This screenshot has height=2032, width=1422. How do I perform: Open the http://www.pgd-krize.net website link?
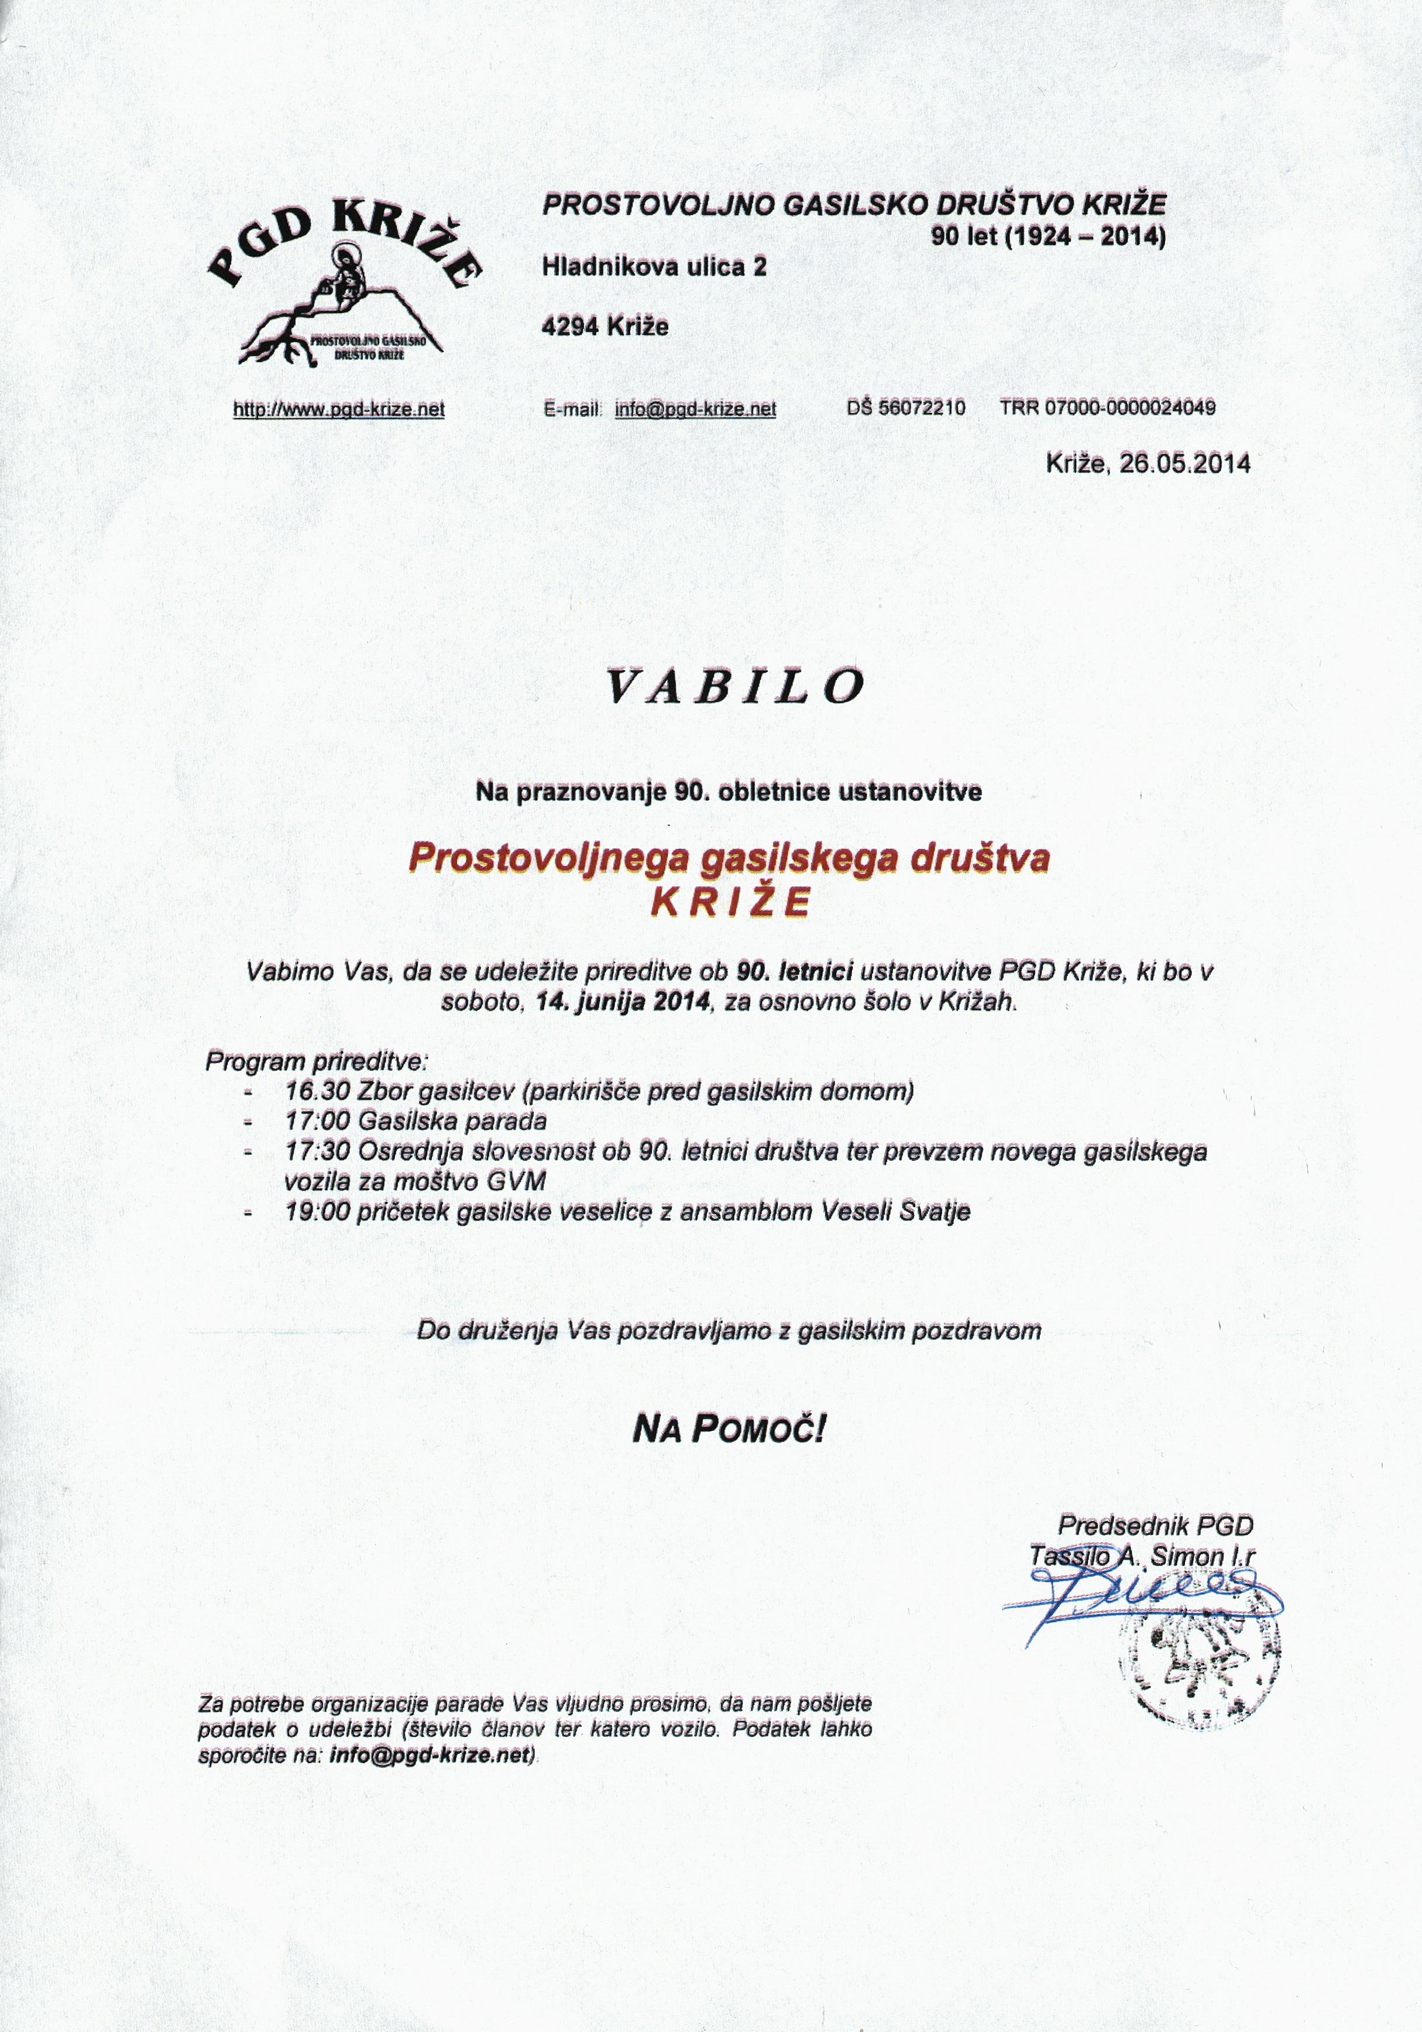pos(338,409)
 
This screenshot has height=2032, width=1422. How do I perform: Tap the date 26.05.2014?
pos(1185,463)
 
